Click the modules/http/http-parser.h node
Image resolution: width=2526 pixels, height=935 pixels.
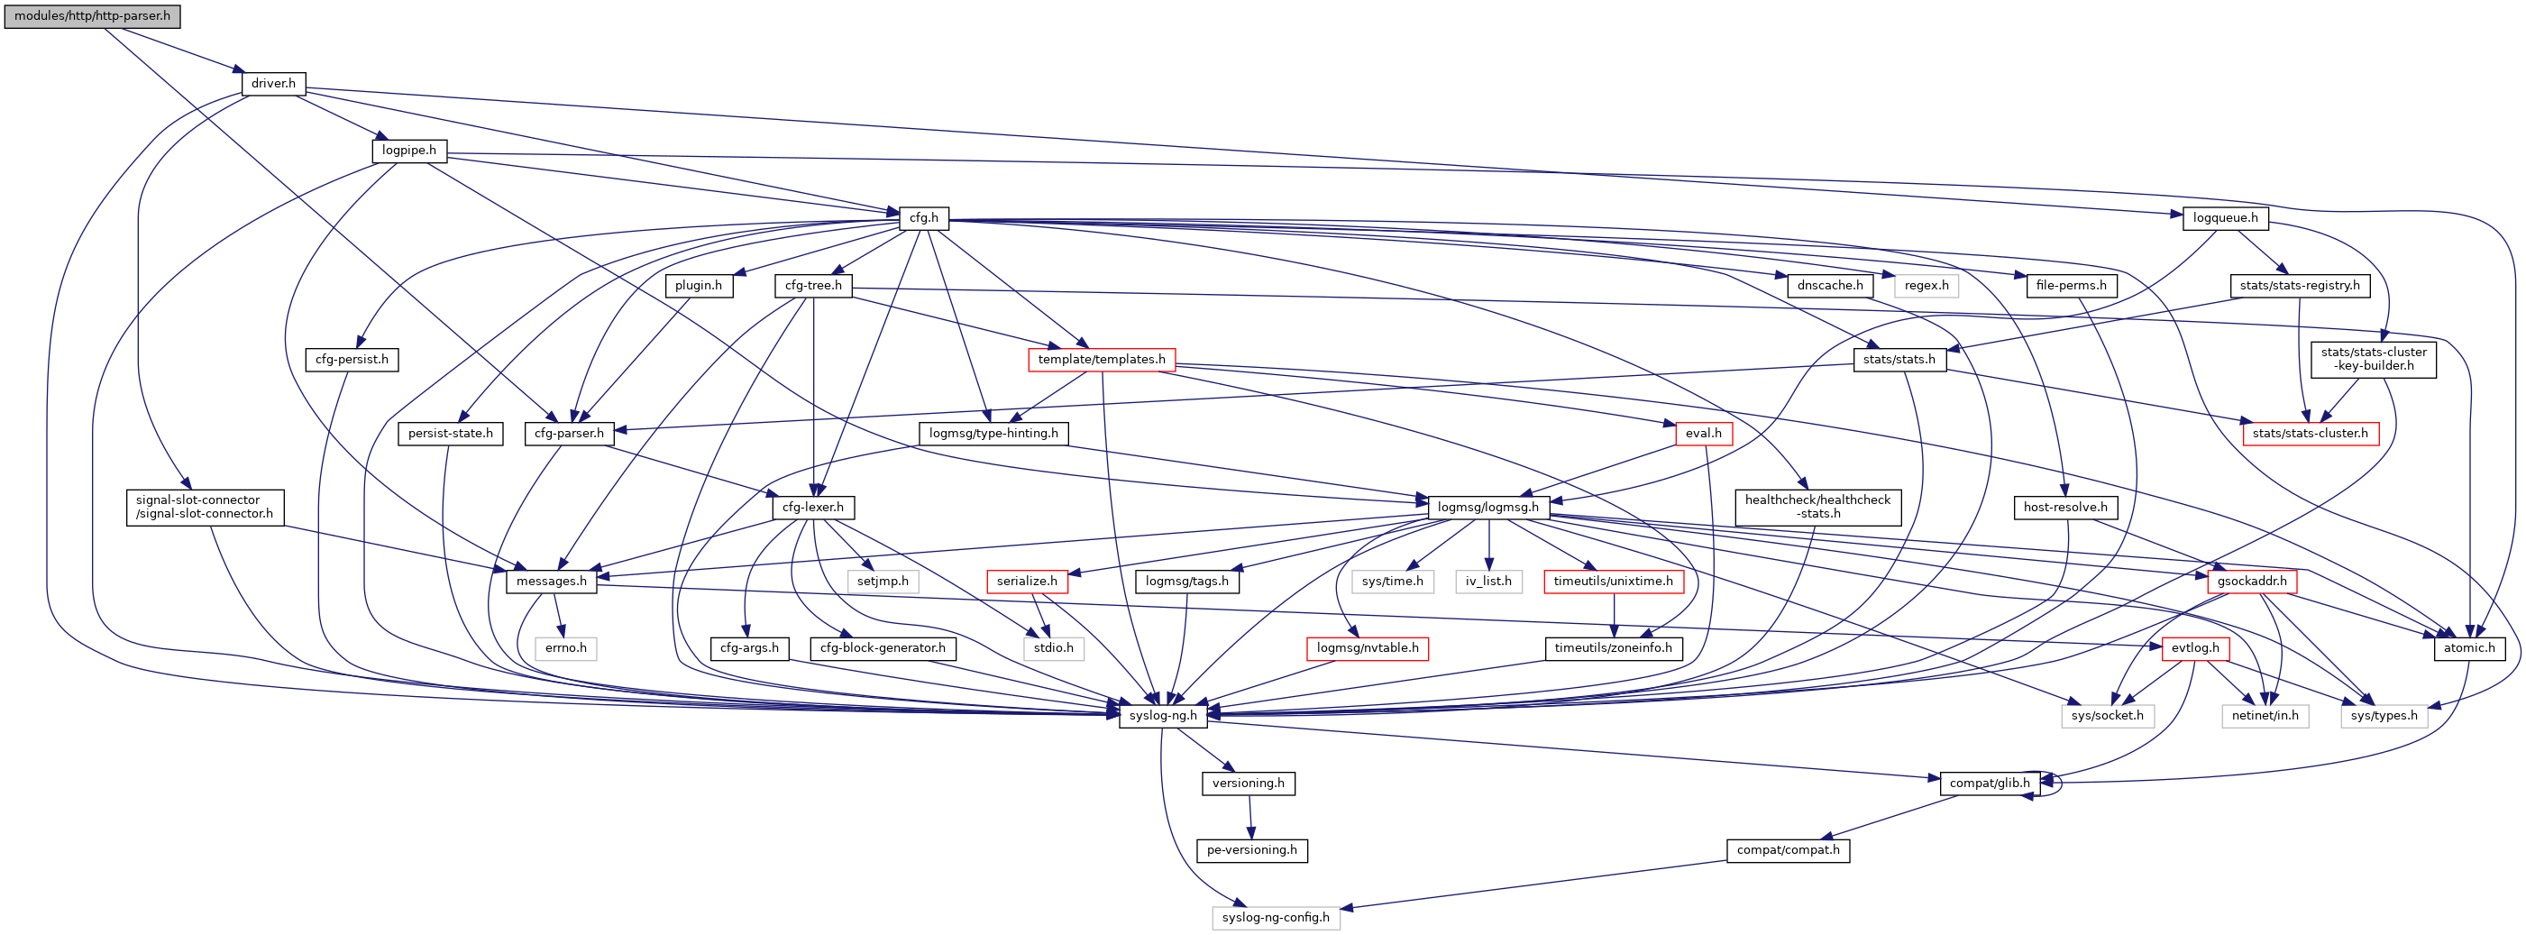point(92,16)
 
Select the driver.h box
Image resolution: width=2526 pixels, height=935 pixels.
point(272,83)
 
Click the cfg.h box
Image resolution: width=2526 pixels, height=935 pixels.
point(923,218)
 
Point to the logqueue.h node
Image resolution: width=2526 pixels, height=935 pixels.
point(2225,218)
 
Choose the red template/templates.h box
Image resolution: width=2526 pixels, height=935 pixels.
point(1102,360)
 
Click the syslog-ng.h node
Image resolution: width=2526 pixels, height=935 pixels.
point(1162,716)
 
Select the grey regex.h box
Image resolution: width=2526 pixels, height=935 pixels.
point(1926,286)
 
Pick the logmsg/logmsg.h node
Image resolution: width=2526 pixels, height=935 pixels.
point(1487,508)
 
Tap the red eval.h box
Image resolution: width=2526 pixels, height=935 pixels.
point(1703,434)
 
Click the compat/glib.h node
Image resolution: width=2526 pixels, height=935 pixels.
point(1989,783)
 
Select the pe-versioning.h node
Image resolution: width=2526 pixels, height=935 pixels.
point(1251,850)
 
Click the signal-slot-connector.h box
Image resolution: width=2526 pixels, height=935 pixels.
point(204,508)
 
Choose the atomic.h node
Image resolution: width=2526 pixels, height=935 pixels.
point(2468,648)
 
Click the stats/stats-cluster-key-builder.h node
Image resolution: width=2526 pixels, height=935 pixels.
point(2372,359)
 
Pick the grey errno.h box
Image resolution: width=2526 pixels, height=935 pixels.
point(566,648)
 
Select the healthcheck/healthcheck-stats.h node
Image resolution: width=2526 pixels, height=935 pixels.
point(1817,508)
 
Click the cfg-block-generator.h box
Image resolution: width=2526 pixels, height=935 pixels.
point(883,648)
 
